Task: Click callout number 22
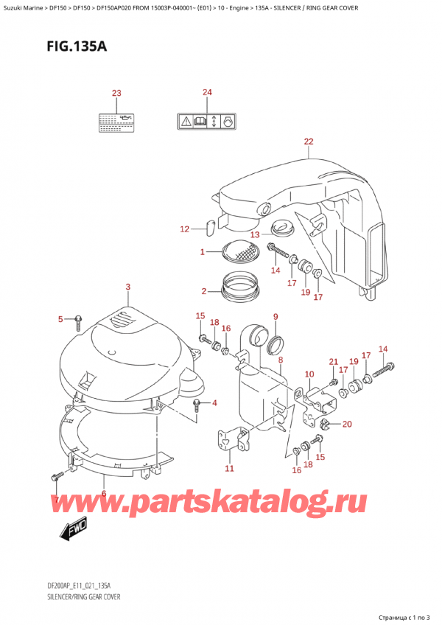[308, 142]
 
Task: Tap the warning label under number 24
[207, 120]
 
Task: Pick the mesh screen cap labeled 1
[239, 254]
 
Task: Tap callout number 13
[254, 234]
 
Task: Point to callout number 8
[280, 360]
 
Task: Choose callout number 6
[104, 494]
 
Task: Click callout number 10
[309, 374]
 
